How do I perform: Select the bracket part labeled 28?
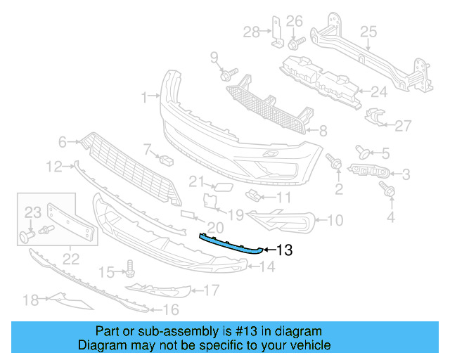276,32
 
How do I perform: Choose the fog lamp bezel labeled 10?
284,221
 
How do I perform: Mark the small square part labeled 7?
166,159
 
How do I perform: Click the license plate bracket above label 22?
70,221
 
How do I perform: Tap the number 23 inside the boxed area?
34,212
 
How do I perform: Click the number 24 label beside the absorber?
379,91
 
